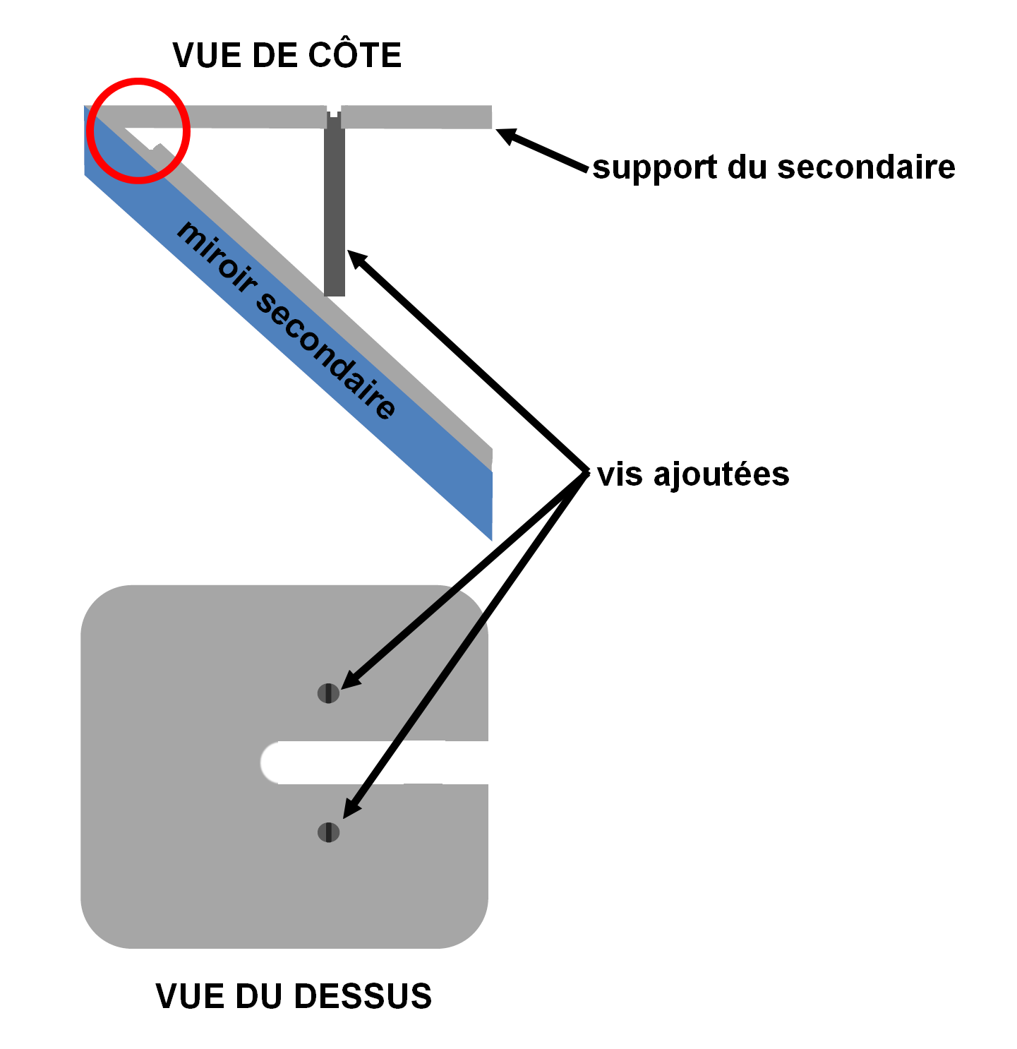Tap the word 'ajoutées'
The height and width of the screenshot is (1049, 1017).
pos(721,474)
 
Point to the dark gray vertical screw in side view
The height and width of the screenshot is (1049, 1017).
pos(335,212)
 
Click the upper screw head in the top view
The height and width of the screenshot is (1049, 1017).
pos(328,694)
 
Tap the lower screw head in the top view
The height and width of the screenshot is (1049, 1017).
pos(328,832)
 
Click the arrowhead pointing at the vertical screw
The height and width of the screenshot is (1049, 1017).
pos(356,258)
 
